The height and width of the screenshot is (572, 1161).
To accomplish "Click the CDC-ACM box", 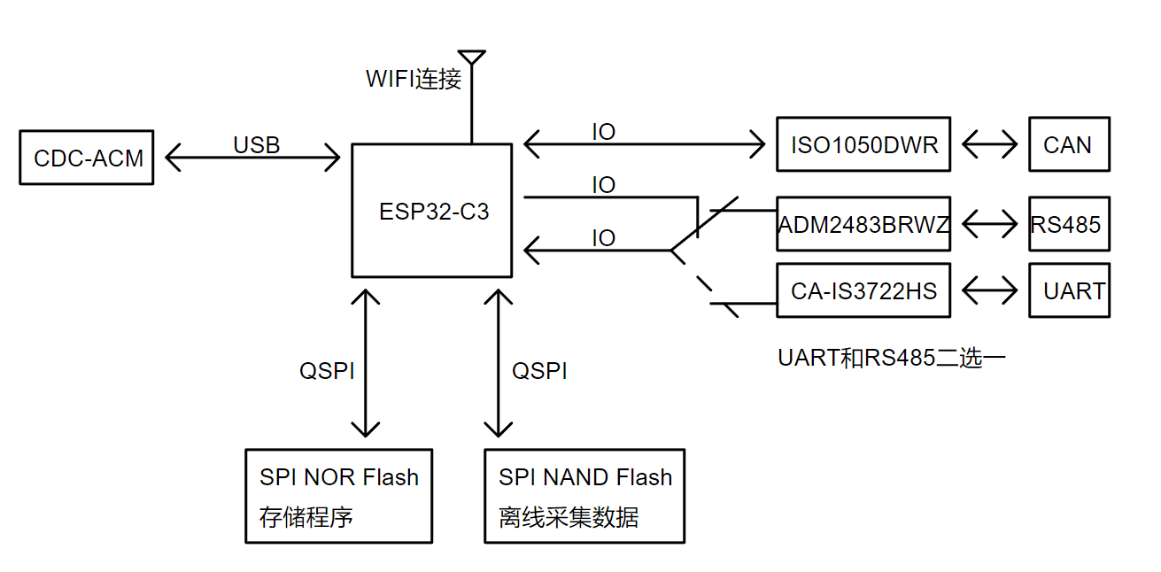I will [x=87, y=158].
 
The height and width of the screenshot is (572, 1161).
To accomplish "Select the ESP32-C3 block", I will [x=432, y=212].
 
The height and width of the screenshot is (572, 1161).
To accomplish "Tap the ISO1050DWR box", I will [x=863, y=144].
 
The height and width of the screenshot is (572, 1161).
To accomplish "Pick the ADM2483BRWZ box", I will [x=863, y=224].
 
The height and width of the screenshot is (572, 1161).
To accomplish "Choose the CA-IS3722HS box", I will [x=863, y=290].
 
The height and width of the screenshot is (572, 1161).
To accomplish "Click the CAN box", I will [x=1068, y=144].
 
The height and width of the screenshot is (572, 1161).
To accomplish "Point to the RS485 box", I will [x=1068, y=224].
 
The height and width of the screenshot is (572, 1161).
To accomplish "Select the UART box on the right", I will [x=1068, y=290].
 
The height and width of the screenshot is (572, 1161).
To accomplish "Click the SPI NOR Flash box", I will [x=339, y=496].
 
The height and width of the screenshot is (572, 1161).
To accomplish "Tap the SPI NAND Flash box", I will [x=584, y=496].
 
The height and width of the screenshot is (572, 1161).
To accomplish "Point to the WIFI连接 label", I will [x=414, y=79].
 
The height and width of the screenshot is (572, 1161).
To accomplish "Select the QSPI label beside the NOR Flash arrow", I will [x=327, y=371].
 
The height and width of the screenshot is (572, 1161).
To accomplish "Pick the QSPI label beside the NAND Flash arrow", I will [x=540, y=371].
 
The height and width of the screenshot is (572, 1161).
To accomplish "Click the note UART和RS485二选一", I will [x=892, y=358].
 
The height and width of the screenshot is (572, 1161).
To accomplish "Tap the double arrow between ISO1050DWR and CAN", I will [x=989, y=144].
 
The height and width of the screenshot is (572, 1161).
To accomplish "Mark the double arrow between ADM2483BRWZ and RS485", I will [x=989, y=224].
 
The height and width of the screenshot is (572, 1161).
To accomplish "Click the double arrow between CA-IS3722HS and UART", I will [x=989, y=290].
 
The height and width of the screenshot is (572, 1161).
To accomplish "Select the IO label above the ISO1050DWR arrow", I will [x=603, y=132].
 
